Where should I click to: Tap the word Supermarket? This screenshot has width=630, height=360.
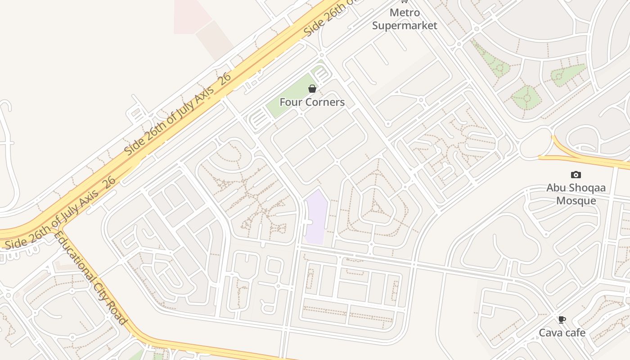(x=405, y=26)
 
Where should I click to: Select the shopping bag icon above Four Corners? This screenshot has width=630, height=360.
(x=312, y=89)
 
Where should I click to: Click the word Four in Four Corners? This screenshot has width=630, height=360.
(x=289, y=102)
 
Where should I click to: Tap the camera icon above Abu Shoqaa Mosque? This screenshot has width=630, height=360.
(x=576, y=175)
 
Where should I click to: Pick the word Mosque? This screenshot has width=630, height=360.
(x=576, y=201)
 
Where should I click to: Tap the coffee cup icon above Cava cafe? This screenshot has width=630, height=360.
(x=562, y=320)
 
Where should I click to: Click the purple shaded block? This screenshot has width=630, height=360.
(x=316, y=216)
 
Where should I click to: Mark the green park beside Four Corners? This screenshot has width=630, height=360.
(x=288, y=97)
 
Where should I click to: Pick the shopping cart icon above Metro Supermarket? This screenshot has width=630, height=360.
(x=404, y=1)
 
